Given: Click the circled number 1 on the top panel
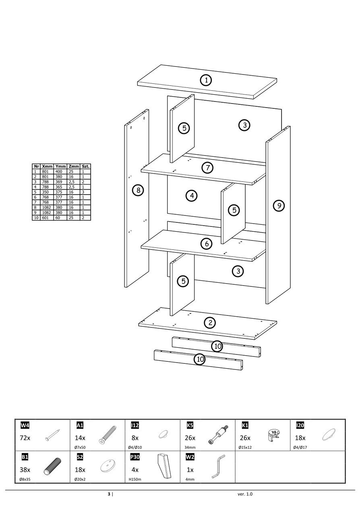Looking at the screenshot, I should click(x=206, y=80).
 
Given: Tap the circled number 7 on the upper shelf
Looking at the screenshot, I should click(x=207, y=168).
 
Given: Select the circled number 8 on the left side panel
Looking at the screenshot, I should click(x=138, y=190).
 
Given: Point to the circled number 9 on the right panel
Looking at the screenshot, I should click(x=279, y=205).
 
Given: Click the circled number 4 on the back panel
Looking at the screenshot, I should click(x=192, y=196).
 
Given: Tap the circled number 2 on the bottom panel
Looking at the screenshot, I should click(x=209, y=322).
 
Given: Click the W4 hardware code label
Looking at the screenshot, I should click(x=25, y=425).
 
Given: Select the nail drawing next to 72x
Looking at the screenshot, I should click(x=53, y=434).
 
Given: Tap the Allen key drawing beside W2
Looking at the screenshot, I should click(x=218, y=466).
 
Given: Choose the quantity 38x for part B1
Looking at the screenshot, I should click(x=25, y=469).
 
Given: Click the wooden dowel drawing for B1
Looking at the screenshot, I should click(x=52, y=467).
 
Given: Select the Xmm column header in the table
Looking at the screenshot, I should click(x=47, y=166).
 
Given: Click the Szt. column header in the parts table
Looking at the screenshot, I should click(x=85, y=166).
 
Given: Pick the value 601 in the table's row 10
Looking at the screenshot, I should click(x=45, y=218).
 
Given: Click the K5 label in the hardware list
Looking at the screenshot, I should click(x=190, y=425).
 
